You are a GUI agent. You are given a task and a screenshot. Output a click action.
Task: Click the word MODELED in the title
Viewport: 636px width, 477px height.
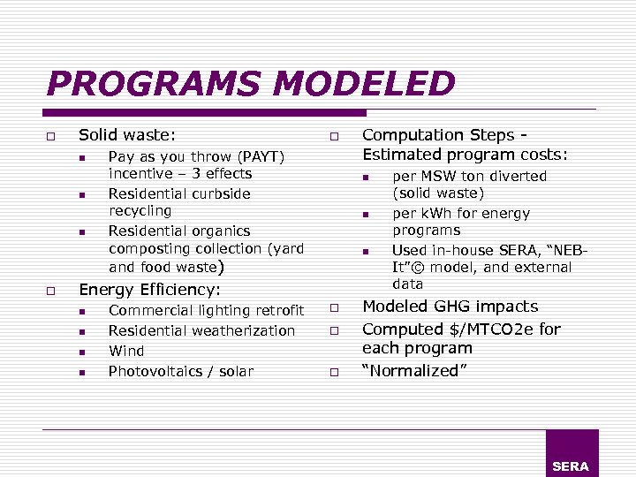pos(364,85)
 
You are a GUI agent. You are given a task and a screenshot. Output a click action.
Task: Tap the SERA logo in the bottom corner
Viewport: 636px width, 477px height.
pos(571,466)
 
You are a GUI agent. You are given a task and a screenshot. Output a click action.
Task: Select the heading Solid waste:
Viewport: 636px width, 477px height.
pos(127,135)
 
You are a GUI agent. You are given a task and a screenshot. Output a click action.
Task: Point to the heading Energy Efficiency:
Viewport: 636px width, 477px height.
pos(150,289)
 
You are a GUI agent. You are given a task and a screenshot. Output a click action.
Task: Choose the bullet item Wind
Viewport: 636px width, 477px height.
pos(125,351)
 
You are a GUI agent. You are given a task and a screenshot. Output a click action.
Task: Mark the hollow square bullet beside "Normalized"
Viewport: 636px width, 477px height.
pos(336,373)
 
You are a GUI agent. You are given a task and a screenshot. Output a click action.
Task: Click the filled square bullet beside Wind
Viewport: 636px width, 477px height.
pos(81,352)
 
